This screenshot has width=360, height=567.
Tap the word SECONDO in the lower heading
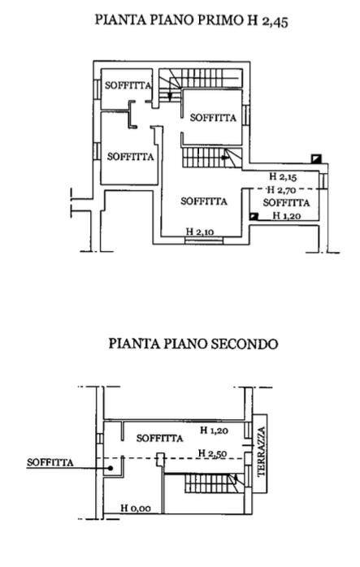pos(245,343)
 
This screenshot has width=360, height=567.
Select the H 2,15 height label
pos(283,176)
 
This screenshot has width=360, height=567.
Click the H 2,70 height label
pos(281,189)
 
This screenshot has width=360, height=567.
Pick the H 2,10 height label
pos(200,232)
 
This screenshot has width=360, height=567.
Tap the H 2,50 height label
pos(213,453)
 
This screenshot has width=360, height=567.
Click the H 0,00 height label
pos(136,508)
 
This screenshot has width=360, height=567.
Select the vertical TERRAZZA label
pos(262,452)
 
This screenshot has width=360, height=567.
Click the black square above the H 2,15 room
pos(316,158)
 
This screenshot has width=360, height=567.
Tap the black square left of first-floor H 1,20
pos(254,216)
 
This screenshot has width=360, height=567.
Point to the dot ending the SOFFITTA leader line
pos(111,468)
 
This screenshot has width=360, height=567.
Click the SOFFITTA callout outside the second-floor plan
pos(50,462)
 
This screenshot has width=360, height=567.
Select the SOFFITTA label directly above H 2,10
pos(204,201)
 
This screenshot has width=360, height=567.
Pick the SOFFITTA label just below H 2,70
pos(286,202)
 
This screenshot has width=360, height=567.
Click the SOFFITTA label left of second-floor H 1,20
pos(159,439)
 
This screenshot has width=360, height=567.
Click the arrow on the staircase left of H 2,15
pos(225,158)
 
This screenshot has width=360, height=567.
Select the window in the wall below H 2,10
pos(204,240)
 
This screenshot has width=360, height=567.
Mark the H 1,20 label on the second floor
pos(215,431)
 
